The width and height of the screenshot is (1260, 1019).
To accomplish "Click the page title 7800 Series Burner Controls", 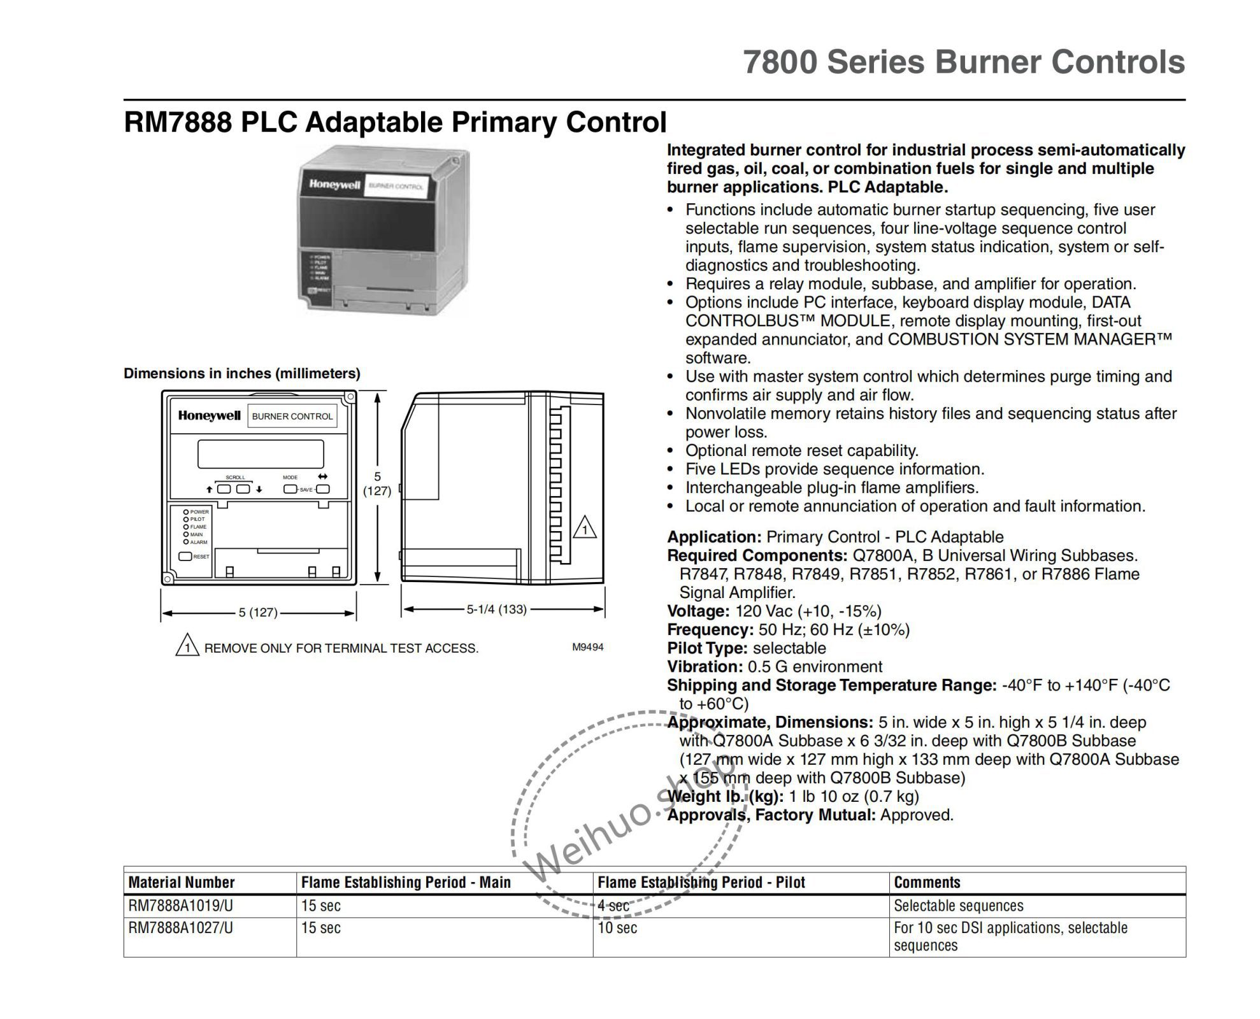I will pyautogui.click(x=963, y=62).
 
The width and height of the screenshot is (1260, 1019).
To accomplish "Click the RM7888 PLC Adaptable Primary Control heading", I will pyautogui.click(x=395, y=122).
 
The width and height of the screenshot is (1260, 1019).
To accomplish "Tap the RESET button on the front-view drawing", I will pyautogui.click(x=185, y=556).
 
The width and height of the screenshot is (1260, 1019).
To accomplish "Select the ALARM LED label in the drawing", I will pyautogui.click(x=198, y=542).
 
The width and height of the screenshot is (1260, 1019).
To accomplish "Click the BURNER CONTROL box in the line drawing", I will pyautogui.click(x=292, y=417).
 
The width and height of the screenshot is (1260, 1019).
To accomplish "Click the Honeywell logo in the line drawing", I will pyautogui.click(x=209, y=416).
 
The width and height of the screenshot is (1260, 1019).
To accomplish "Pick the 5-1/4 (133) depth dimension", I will pyautogui.click(x=496, y=609).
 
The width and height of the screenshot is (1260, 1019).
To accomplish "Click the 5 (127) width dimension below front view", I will pyautogui.click(x=258, y=613).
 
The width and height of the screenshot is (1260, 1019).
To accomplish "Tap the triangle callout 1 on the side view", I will pyautogui.click(x=584, y=529).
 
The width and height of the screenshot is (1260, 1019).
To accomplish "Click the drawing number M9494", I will pyautogui.click(x=587, y=647).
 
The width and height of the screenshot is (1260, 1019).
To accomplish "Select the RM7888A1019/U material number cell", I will pyautogui.click(x=181, y=906).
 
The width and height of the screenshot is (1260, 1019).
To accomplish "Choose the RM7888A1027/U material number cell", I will pyautogui.click(x=181, y=928).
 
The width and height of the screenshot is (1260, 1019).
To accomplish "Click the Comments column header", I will pyautogui.click(x=927, y=882).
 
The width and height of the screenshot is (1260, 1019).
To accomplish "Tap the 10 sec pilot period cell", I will pyautogui.click(x=617, y=928).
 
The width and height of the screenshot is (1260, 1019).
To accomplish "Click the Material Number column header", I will pyautogui.click(x=182, y=882).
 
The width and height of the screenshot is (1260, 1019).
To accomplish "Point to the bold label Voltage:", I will pyautogui.click(x=698, y=611).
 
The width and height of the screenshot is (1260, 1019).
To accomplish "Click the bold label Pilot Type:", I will pyautogui.click(x=706, y=648).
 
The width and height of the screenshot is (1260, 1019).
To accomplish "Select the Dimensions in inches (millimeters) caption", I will pyautogui.click(x=242, y=373).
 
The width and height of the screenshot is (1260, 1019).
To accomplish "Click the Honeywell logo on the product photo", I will pyautogui.click(x=334, y=185).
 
